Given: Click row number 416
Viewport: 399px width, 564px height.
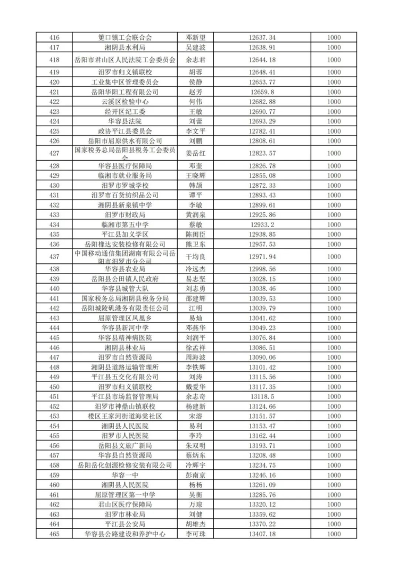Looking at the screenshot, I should point(54,38).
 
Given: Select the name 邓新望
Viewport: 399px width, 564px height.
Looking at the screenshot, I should point(195,38).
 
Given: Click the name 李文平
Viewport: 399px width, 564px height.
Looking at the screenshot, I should point(195,131).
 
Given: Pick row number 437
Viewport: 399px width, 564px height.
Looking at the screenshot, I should point(54,256).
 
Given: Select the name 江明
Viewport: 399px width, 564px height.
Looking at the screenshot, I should point(195,308).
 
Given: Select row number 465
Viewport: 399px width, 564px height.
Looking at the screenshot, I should point(54,534).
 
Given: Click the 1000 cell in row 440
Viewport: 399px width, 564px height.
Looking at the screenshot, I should point(334,288).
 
